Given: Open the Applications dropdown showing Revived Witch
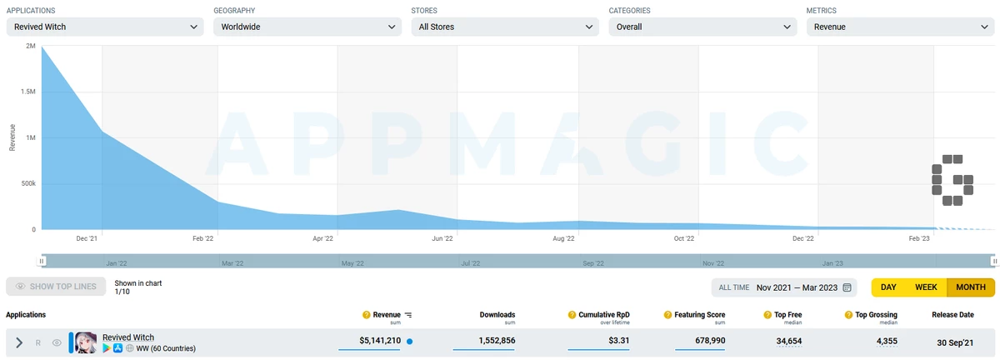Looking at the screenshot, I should [104, 27].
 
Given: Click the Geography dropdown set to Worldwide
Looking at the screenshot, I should [307, 27].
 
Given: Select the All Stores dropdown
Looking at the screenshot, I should [505, 27].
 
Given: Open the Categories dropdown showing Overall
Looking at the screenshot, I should [702, 27].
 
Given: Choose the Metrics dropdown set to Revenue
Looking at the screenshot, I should [900, 27].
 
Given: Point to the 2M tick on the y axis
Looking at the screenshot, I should [31, 47].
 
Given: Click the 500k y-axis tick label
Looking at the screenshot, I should [28, 183].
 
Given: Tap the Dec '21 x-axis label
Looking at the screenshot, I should [87, 239].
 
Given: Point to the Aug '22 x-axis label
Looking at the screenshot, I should [563, 239].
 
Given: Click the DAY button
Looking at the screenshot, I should [888, 287].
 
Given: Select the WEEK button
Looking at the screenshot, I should [926, 287].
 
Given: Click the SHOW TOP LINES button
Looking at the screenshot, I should [56, 287].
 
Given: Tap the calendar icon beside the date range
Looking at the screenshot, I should [847, 287].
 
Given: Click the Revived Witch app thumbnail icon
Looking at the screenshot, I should [87, 342].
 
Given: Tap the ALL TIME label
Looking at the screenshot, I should [733, 287].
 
